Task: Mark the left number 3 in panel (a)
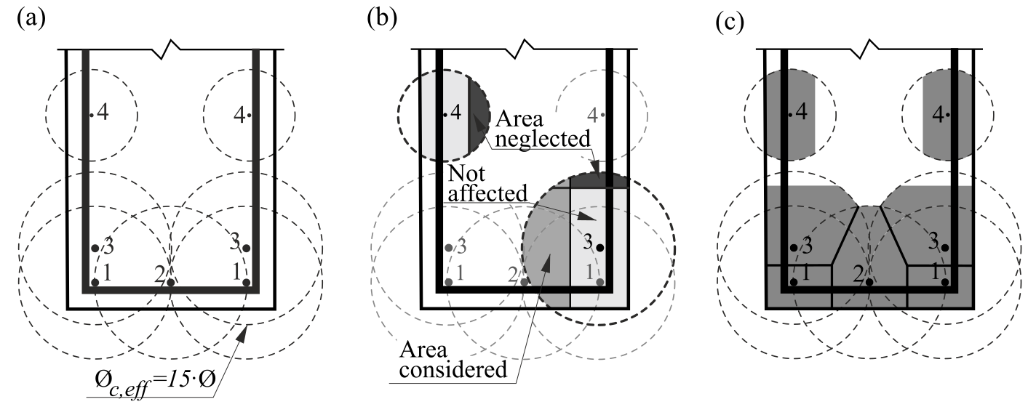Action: click(x=108, y=243)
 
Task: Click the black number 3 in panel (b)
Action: click(x=587, y=242)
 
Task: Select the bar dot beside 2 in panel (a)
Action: click(x=170, y=282)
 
